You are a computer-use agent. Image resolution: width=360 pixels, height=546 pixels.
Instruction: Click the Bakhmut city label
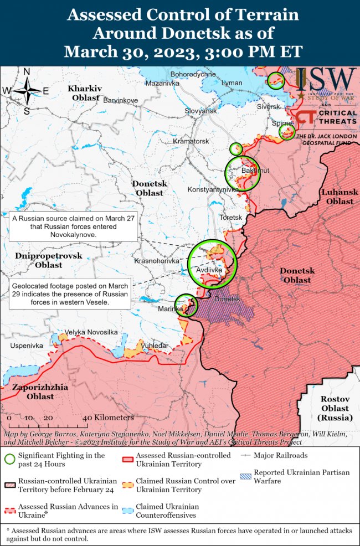click(255, 171)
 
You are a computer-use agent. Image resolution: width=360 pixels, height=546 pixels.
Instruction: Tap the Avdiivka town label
click(209, 270)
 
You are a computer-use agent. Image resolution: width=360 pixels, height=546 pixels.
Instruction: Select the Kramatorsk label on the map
click(191, 141)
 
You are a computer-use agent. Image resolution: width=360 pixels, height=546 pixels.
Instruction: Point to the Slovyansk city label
click(200, 111)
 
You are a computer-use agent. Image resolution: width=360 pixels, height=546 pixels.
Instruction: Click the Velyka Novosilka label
click(91, 332)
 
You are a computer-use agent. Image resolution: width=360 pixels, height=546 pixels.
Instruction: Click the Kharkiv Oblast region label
click(86, 93)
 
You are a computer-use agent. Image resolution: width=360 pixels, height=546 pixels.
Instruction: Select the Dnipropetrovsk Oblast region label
click(48, 260)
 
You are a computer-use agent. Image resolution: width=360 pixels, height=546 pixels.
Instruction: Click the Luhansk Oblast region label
click(340, 197)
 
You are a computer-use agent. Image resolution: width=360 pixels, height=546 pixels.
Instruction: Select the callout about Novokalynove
click(74, 226)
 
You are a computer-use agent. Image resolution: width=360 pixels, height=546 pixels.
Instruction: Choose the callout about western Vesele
click(69, 293)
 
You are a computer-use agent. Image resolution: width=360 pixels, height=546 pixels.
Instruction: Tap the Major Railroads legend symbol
click(245, 456)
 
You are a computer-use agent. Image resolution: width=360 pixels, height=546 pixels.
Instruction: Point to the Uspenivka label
click(26, 346)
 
